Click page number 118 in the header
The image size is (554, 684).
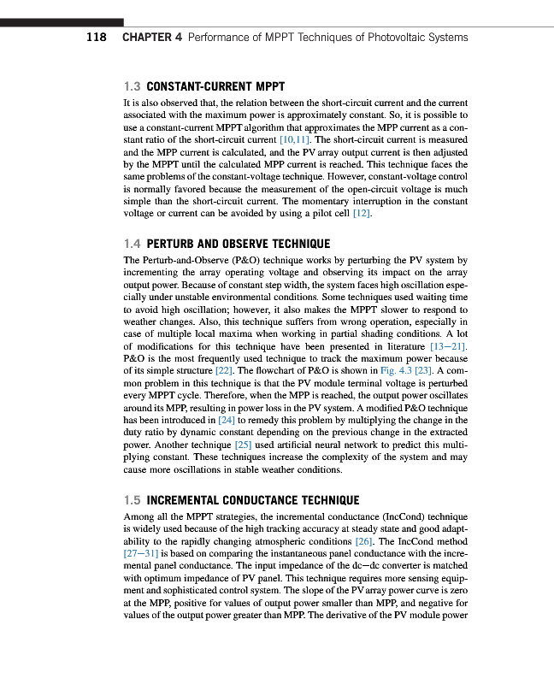tap(95, 38)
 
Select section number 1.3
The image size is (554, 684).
tap(132, 87)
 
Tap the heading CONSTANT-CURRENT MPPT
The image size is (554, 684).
tap(215, 87)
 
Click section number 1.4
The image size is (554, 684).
tap(133, 244)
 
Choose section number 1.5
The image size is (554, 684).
tap(133, 500)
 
